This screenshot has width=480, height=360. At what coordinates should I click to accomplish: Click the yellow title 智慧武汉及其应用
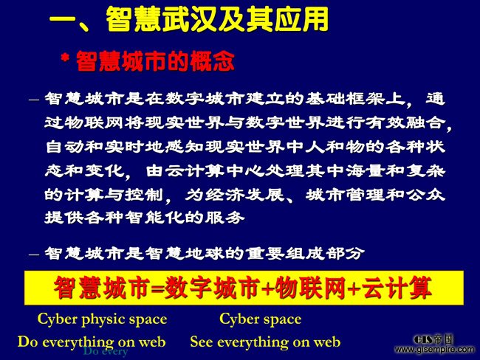point(217,19)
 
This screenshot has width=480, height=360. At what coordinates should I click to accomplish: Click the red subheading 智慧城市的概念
point(155,61)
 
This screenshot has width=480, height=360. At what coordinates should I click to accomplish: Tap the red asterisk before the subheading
point(65,58)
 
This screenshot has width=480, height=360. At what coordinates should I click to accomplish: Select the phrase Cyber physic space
point(102,319)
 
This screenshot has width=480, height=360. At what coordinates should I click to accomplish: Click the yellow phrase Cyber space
point(261,319)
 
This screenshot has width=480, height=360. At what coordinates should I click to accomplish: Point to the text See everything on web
point(265,342)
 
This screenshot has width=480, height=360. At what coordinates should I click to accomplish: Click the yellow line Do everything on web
point(92,342)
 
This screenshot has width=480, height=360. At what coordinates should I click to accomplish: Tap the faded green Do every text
point(106,352)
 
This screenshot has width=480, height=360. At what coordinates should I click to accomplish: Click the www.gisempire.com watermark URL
point(435,349)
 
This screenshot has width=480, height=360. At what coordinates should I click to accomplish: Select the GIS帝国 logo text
point(433,339)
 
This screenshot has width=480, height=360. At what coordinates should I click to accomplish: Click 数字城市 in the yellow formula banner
point(212,288)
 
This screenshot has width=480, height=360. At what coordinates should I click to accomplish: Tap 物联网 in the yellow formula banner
point(311,288)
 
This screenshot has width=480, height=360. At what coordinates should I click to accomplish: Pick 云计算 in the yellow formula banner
point(397,288)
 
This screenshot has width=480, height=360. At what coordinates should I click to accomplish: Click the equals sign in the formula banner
point(158,288)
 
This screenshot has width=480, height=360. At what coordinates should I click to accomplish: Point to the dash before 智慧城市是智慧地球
point(34,255)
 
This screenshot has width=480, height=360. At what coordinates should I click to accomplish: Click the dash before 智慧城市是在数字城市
point(34,100)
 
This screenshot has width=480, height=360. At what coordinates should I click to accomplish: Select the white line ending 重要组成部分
point(205,253)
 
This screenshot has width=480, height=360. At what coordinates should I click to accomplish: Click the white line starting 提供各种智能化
point(145,217)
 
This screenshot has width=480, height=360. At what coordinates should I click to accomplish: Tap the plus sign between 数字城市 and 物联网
point(267,288)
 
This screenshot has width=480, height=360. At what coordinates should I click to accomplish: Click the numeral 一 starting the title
point(62,20)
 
